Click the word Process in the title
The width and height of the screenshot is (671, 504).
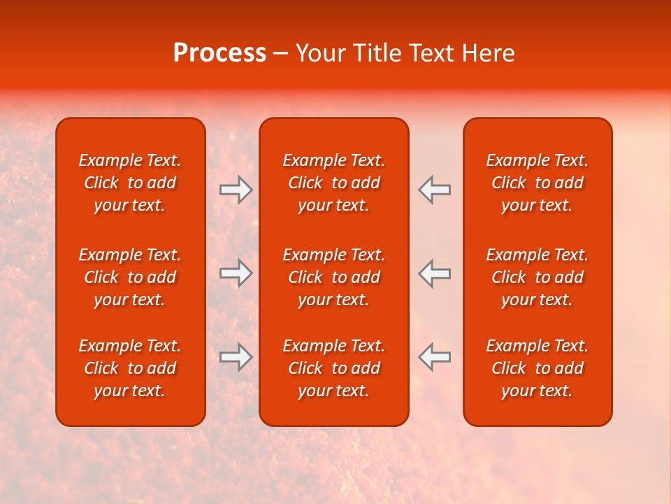[x=219, y=53]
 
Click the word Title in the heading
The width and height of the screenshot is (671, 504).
[x=375, y=53]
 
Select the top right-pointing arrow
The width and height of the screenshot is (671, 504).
[x=236, y=190]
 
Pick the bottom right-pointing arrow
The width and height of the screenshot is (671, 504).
[x=236, y=356]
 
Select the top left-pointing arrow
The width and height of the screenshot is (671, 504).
[x=435, y=190]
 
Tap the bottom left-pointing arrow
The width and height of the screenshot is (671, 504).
[x=435, y=356]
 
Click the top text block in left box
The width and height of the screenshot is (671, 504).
[x=130, y=183]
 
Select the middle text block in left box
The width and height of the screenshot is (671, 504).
[x=130, y=277]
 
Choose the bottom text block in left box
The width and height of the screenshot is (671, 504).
[x=130, y=368]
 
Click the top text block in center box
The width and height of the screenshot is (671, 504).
[x=334, y=183]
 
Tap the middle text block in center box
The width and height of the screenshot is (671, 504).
[x=334, y=277]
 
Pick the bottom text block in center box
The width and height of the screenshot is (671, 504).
[x=334, y=368]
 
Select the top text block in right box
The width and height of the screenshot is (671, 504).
[x=537, y=183]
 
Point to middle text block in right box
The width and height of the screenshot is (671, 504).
[x=537, y=277]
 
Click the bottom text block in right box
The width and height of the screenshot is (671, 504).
[x=537, y=368]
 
